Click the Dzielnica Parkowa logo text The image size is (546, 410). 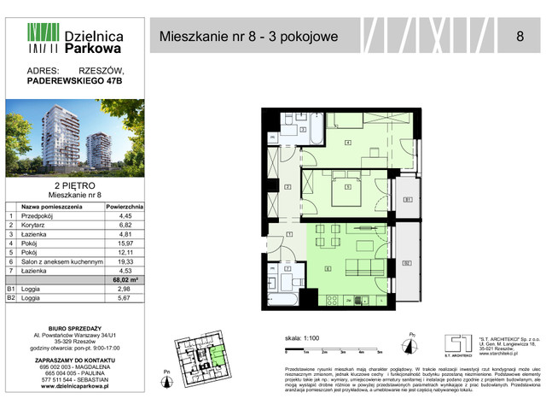click(94, 43)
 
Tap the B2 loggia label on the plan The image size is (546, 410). click(407, 262)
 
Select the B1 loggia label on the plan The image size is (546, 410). click(407, 200)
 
